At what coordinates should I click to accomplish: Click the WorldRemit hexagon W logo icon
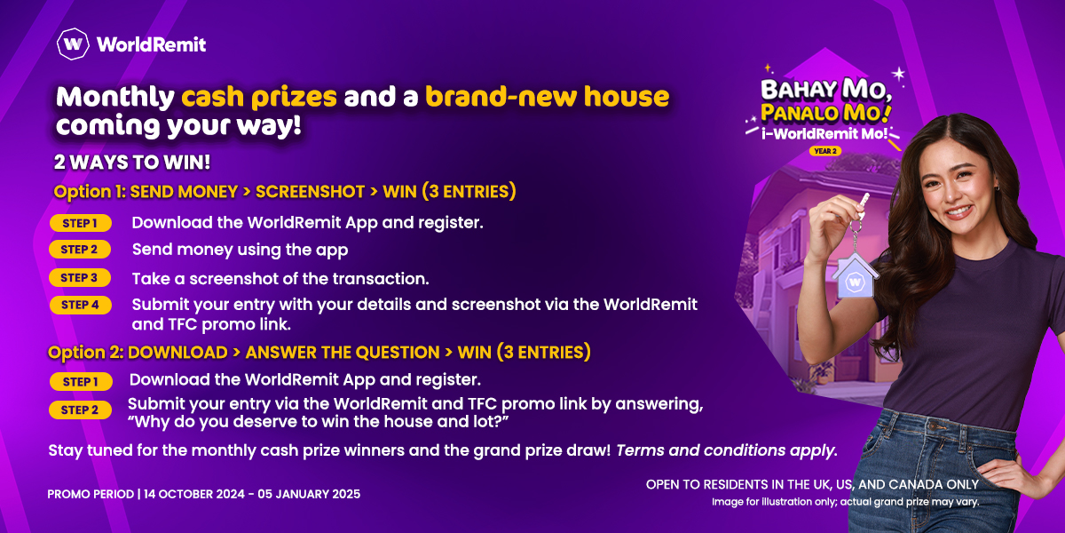point(73,44)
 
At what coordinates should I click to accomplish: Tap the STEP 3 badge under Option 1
point(80,277)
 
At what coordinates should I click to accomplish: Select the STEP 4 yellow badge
point(81,305)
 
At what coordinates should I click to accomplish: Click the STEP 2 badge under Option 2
point(81,410)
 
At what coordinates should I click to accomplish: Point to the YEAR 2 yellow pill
point(825,151)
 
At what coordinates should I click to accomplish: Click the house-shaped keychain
point(855,276)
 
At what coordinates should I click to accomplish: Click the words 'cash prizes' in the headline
point(259,97)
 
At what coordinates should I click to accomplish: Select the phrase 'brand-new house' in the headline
point(548,97)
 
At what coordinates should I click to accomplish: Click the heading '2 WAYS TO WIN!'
point(132,163)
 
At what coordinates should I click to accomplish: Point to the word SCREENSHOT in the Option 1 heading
point(310,192)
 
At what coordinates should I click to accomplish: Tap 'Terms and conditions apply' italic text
point(727,450)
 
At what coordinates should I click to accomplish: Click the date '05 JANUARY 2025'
point(309,494)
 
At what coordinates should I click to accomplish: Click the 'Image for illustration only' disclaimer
point(845,502)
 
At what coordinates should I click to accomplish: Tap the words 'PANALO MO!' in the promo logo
point(825,114)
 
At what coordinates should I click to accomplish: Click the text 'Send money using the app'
point(241,250)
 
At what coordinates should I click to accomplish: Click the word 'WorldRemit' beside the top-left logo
point(151,44)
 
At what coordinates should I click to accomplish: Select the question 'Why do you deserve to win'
point(254,422)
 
